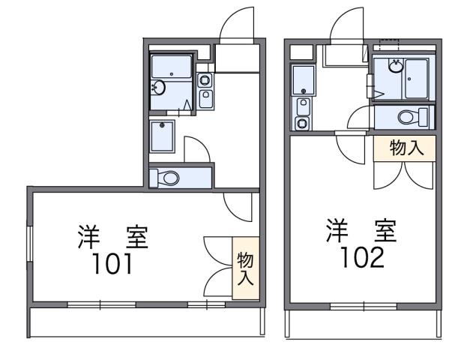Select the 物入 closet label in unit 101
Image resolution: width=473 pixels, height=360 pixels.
(244, 268)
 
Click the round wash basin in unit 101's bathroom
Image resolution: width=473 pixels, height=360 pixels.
(157, 87)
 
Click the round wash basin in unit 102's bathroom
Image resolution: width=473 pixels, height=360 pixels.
(394, 65)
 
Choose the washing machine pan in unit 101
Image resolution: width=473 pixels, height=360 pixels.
(162, 136)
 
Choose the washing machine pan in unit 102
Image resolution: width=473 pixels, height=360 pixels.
(303, 79)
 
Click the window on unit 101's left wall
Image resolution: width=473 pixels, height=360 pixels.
(29, 247)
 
